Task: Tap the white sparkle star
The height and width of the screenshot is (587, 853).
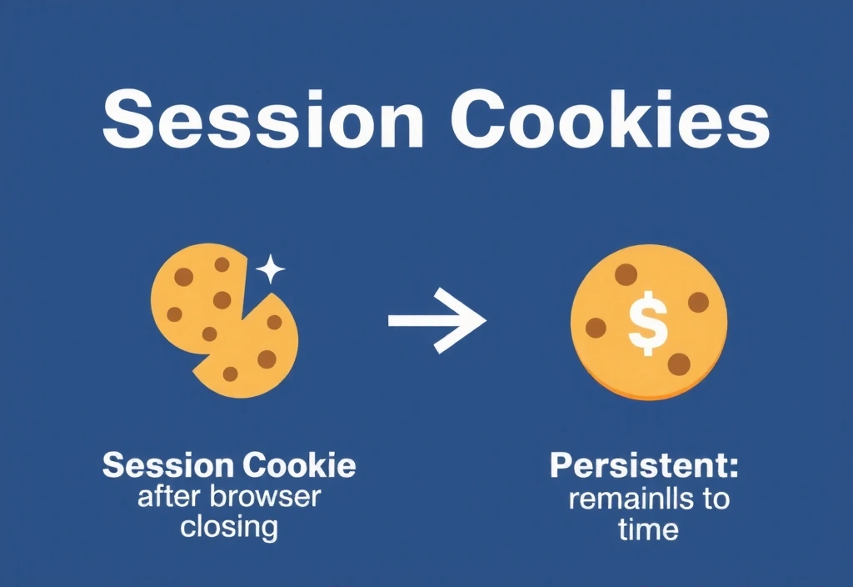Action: pyautogui.click(x=270, y=269)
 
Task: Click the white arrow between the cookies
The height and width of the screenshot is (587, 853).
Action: pyautogui.click(x=436, y=321)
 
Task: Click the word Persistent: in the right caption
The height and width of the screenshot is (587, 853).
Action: pyautogui.click(x=644, y=466)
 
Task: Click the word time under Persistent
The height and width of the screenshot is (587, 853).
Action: pyautogui.click(x=648, y=529)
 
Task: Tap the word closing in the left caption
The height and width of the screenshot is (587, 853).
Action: pyautogui.click(x=229, y=527)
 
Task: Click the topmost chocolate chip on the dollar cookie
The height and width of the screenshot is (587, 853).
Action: pyautogui.click(x=626, y=273)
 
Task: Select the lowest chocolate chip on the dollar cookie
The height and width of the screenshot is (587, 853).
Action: pyautogui.click(x=679, y=363)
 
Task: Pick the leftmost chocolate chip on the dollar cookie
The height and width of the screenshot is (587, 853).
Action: pyautogui.click(x=595, y=328)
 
